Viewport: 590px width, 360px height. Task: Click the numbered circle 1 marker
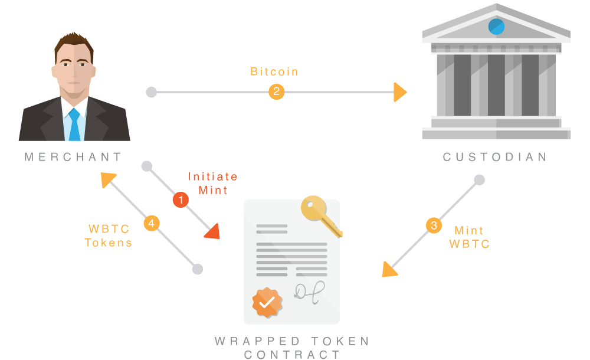pos(181,200)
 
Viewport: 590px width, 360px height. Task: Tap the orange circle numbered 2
pos(276,92)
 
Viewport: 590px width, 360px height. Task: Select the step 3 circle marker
pos(434,225)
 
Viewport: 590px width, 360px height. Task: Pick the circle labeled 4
pos(152,223)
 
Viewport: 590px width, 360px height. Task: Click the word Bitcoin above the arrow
pos(274,72)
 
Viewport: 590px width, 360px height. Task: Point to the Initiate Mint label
pos(213,183)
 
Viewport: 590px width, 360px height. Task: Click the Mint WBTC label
pos(469,237)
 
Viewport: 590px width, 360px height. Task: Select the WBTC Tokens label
pos(109,235)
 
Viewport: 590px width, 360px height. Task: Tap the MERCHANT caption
pos(73,157)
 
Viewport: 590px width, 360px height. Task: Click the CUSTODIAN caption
pos(495,157)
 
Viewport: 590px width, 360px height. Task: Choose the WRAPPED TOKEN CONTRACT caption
pos(293,348)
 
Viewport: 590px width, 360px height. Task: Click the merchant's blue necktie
pos(74,125)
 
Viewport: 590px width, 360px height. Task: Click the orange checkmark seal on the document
pos(267,302)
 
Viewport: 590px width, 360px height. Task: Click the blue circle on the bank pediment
pos(496,27)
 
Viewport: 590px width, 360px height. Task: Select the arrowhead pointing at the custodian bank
pos(400,92)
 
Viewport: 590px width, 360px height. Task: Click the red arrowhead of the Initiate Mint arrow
pos(213,232)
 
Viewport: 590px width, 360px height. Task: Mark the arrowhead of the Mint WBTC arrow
pos(389,270)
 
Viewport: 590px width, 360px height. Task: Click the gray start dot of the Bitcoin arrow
pos(152,92)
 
